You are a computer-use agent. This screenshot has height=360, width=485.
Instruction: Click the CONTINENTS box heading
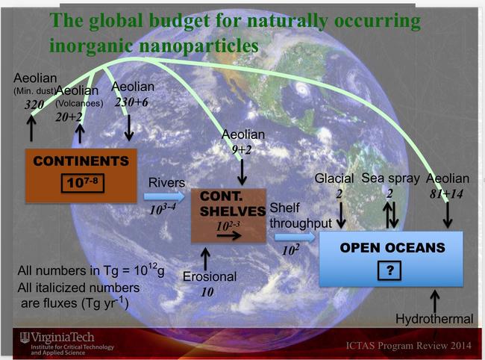click(x=81, y=161)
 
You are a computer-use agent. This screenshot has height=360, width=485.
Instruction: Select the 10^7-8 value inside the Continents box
click(x=82, y=183)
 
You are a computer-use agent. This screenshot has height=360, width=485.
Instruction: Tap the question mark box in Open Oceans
click(x=389, y=270)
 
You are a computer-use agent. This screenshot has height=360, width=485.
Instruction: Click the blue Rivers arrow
click(x=164, y=196)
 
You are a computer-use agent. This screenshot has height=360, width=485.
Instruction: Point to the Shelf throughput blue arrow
click(x=295, y=238)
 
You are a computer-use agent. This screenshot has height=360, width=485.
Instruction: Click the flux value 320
click(x=34, y=105)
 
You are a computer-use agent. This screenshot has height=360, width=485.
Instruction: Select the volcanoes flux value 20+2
click(x=69, y=117)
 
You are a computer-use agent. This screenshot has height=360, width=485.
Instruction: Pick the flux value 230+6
click(x=131, y=102)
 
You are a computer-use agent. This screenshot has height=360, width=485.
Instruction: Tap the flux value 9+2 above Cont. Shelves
click(x=242, y=150)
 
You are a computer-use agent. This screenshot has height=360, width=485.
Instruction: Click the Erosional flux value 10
click(x=207, y=292)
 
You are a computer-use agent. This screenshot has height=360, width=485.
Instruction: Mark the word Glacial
click(x=334, y=179)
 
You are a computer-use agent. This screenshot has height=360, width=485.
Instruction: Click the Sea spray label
click(x=390, y=179)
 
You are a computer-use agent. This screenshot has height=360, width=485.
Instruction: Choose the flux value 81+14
click(x=446, y=193)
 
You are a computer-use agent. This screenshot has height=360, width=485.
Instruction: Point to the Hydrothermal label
click(x=434, y=319)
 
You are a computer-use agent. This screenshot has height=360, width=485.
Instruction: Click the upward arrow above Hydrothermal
click(x=435, y=301)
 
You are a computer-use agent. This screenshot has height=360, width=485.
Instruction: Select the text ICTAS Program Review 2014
click(x=409, y=345)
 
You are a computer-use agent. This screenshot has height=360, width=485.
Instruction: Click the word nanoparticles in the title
click(x=198, y=46)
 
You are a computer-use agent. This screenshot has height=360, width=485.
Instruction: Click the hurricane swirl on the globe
click(x=301, y=90)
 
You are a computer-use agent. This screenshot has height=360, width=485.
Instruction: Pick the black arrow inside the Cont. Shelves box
click(x=228, y=236)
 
